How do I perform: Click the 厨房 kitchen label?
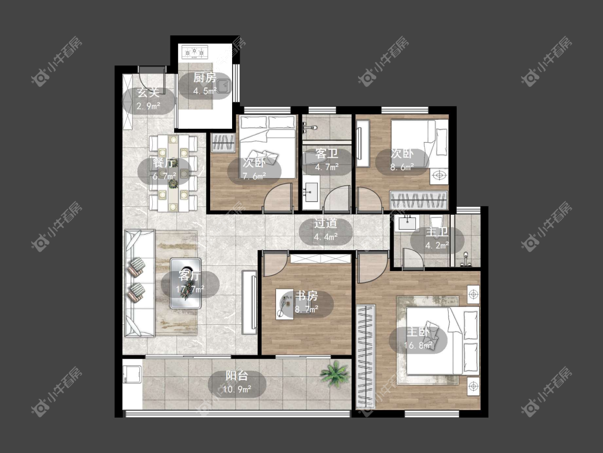[x=204, y=77]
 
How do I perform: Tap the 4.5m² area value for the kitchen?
[x=205, y=91]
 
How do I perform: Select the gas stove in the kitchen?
[x=195, y=52]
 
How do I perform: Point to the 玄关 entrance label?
[x=148, y=92]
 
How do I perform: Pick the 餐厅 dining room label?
[x=164, y=163]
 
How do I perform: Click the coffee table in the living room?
[x=186, y=283]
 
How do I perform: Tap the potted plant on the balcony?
[x=335, y=373]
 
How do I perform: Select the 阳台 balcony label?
[x=236, y=376]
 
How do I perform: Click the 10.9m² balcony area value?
[x=237, y=389]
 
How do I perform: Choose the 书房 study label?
[x=307, y=296]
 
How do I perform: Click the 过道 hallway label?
[x=326, y=223]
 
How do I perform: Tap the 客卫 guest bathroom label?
[x=326, y=154]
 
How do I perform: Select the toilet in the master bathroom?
[x=436, y=223]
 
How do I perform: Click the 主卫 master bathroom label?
[x=437, y=232]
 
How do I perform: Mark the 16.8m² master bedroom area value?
[x=418, y=345]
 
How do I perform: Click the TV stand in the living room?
[x=249, y=302]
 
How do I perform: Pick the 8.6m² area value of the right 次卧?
[x=402, y=167]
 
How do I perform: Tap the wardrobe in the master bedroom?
[x=366, y=356]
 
